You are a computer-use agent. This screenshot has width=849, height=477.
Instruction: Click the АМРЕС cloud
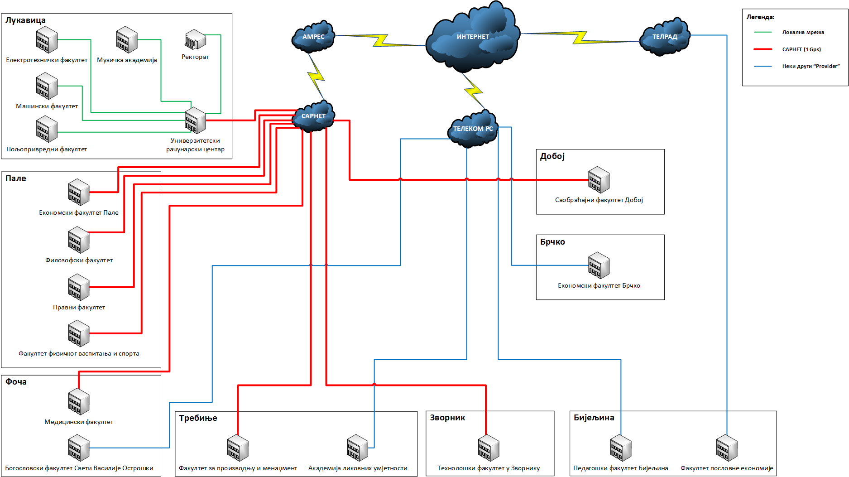[313, 37]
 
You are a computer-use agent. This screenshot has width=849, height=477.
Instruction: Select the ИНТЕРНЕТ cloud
[473, 37]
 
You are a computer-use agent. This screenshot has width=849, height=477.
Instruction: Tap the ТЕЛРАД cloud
[665, 37]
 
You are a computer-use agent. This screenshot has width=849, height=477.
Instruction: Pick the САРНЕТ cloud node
[313, 116]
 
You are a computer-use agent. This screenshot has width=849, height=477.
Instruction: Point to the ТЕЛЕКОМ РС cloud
[473, 129]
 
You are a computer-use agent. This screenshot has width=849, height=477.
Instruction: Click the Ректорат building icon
[195, 40]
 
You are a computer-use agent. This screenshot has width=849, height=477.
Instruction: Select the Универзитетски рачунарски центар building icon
[195, 120]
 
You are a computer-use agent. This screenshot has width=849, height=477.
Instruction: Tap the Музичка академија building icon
[127, 40]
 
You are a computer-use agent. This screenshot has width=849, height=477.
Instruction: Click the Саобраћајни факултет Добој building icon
[599, 180]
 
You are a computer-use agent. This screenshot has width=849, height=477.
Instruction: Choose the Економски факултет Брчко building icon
[599, 265]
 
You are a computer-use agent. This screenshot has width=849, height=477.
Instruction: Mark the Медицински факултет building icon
[79, 402]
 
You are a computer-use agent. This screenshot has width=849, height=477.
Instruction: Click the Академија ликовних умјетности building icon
[357, 448]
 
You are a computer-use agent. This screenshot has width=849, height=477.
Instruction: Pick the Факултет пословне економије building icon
[727, 448]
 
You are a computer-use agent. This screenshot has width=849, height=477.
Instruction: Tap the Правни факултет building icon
[79, 287]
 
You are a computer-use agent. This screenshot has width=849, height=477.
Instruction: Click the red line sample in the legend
[763, 49]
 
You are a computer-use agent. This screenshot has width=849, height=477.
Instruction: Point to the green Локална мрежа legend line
[763, 32]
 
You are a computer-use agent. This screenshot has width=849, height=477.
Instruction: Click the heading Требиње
[198, 418]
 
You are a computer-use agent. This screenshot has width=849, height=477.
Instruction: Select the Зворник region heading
[447, 418]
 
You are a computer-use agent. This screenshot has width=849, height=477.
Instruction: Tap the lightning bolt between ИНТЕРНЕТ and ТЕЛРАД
[580, 38]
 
